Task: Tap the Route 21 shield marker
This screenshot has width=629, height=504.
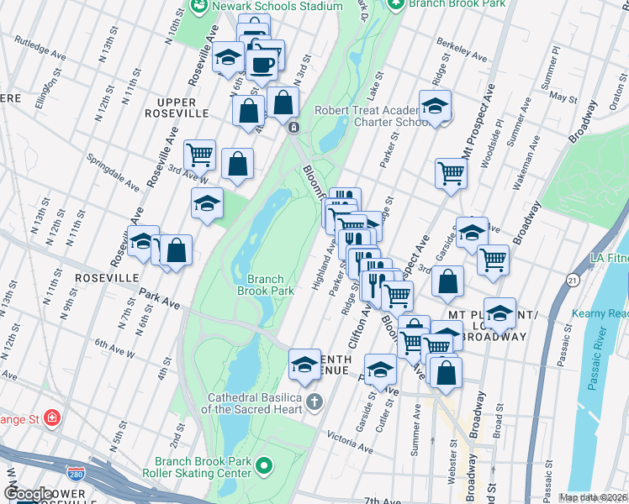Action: pyautogui.click(x=573, y=279)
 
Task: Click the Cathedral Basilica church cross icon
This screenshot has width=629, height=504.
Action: pyautogui.click(x=314, y=401)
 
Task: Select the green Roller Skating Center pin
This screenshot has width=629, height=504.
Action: pyautogui.click(x=265, y=465)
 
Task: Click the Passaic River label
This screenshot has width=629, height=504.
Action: pyautogui.click(x=605, y=366)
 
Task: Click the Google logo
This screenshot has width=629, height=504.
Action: pyautogui.click(x=27, y=494)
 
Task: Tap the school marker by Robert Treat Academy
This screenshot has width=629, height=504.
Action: pyautogui.click(x=435, y=107)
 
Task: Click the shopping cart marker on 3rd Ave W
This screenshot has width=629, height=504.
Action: pyautogui.click(x=200, y=155)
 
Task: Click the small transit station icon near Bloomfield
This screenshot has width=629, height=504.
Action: pyautogui.click(x=293, y=128)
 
